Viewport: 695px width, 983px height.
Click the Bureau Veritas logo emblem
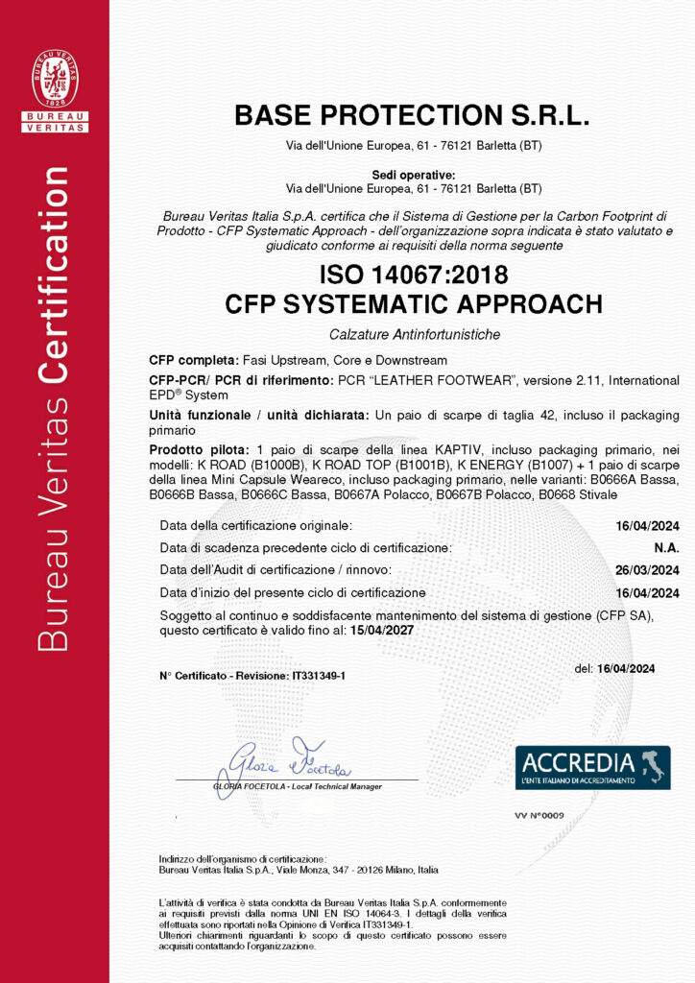click(55, 79)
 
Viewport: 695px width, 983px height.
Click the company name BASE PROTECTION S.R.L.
click(412, 116)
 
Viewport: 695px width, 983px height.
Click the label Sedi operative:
click(414, 174)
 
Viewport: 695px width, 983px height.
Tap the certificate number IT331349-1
click(318, 677)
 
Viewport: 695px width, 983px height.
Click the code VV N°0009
click(539, 814)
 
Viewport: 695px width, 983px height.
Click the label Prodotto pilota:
click(198, 450)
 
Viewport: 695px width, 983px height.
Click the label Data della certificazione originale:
click(256, 526)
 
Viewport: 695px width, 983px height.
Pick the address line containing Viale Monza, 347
click(298, 870)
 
